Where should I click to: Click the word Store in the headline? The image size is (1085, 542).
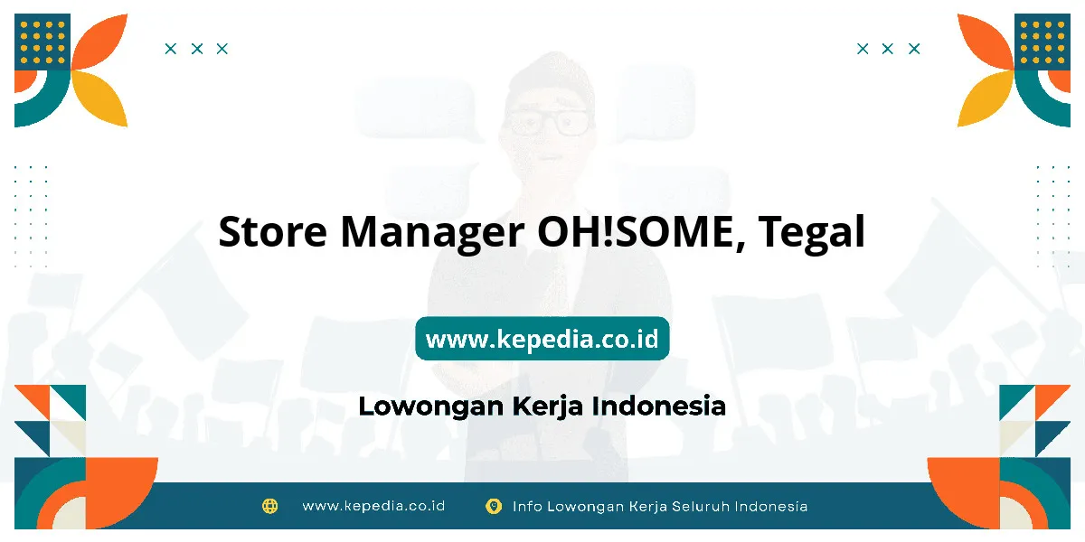coord(273,231)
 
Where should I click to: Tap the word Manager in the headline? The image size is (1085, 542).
coord(432,234)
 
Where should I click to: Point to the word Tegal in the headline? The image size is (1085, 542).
coord(812,234)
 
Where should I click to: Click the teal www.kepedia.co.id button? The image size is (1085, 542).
coord(542,338)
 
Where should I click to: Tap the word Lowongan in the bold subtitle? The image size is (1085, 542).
coord(431,407)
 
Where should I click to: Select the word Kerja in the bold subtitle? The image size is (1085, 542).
coord(547,407)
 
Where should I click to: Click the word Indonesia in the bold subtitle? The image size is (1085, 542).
coord(659,406)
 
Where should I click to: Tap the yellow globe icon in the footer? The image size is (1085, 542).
coord(269,506)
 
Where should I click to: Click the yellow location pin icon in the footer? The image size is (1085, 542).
coord(494,506)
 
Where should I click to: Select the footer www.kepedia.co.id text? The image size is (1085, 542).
coord(373,506)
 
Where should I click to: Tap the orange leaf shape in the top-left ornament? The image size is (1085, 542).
coord(99,42)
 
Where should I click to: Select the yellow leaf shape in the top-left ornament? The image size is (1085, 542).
coord(99,98)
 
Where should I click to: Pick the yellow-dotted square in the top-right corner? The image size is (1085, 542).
coord(1043,42)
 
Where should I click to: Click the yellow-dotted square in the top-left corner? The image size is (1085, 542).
coord(42,42)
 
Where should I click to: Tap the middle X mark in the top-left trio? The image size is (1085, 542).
coord(197,49)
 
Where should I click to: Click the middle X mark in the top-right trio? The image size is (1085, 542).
coord(887,49)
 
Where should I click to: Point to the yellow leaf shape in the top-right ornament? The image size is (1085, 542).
coord(986,98)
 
